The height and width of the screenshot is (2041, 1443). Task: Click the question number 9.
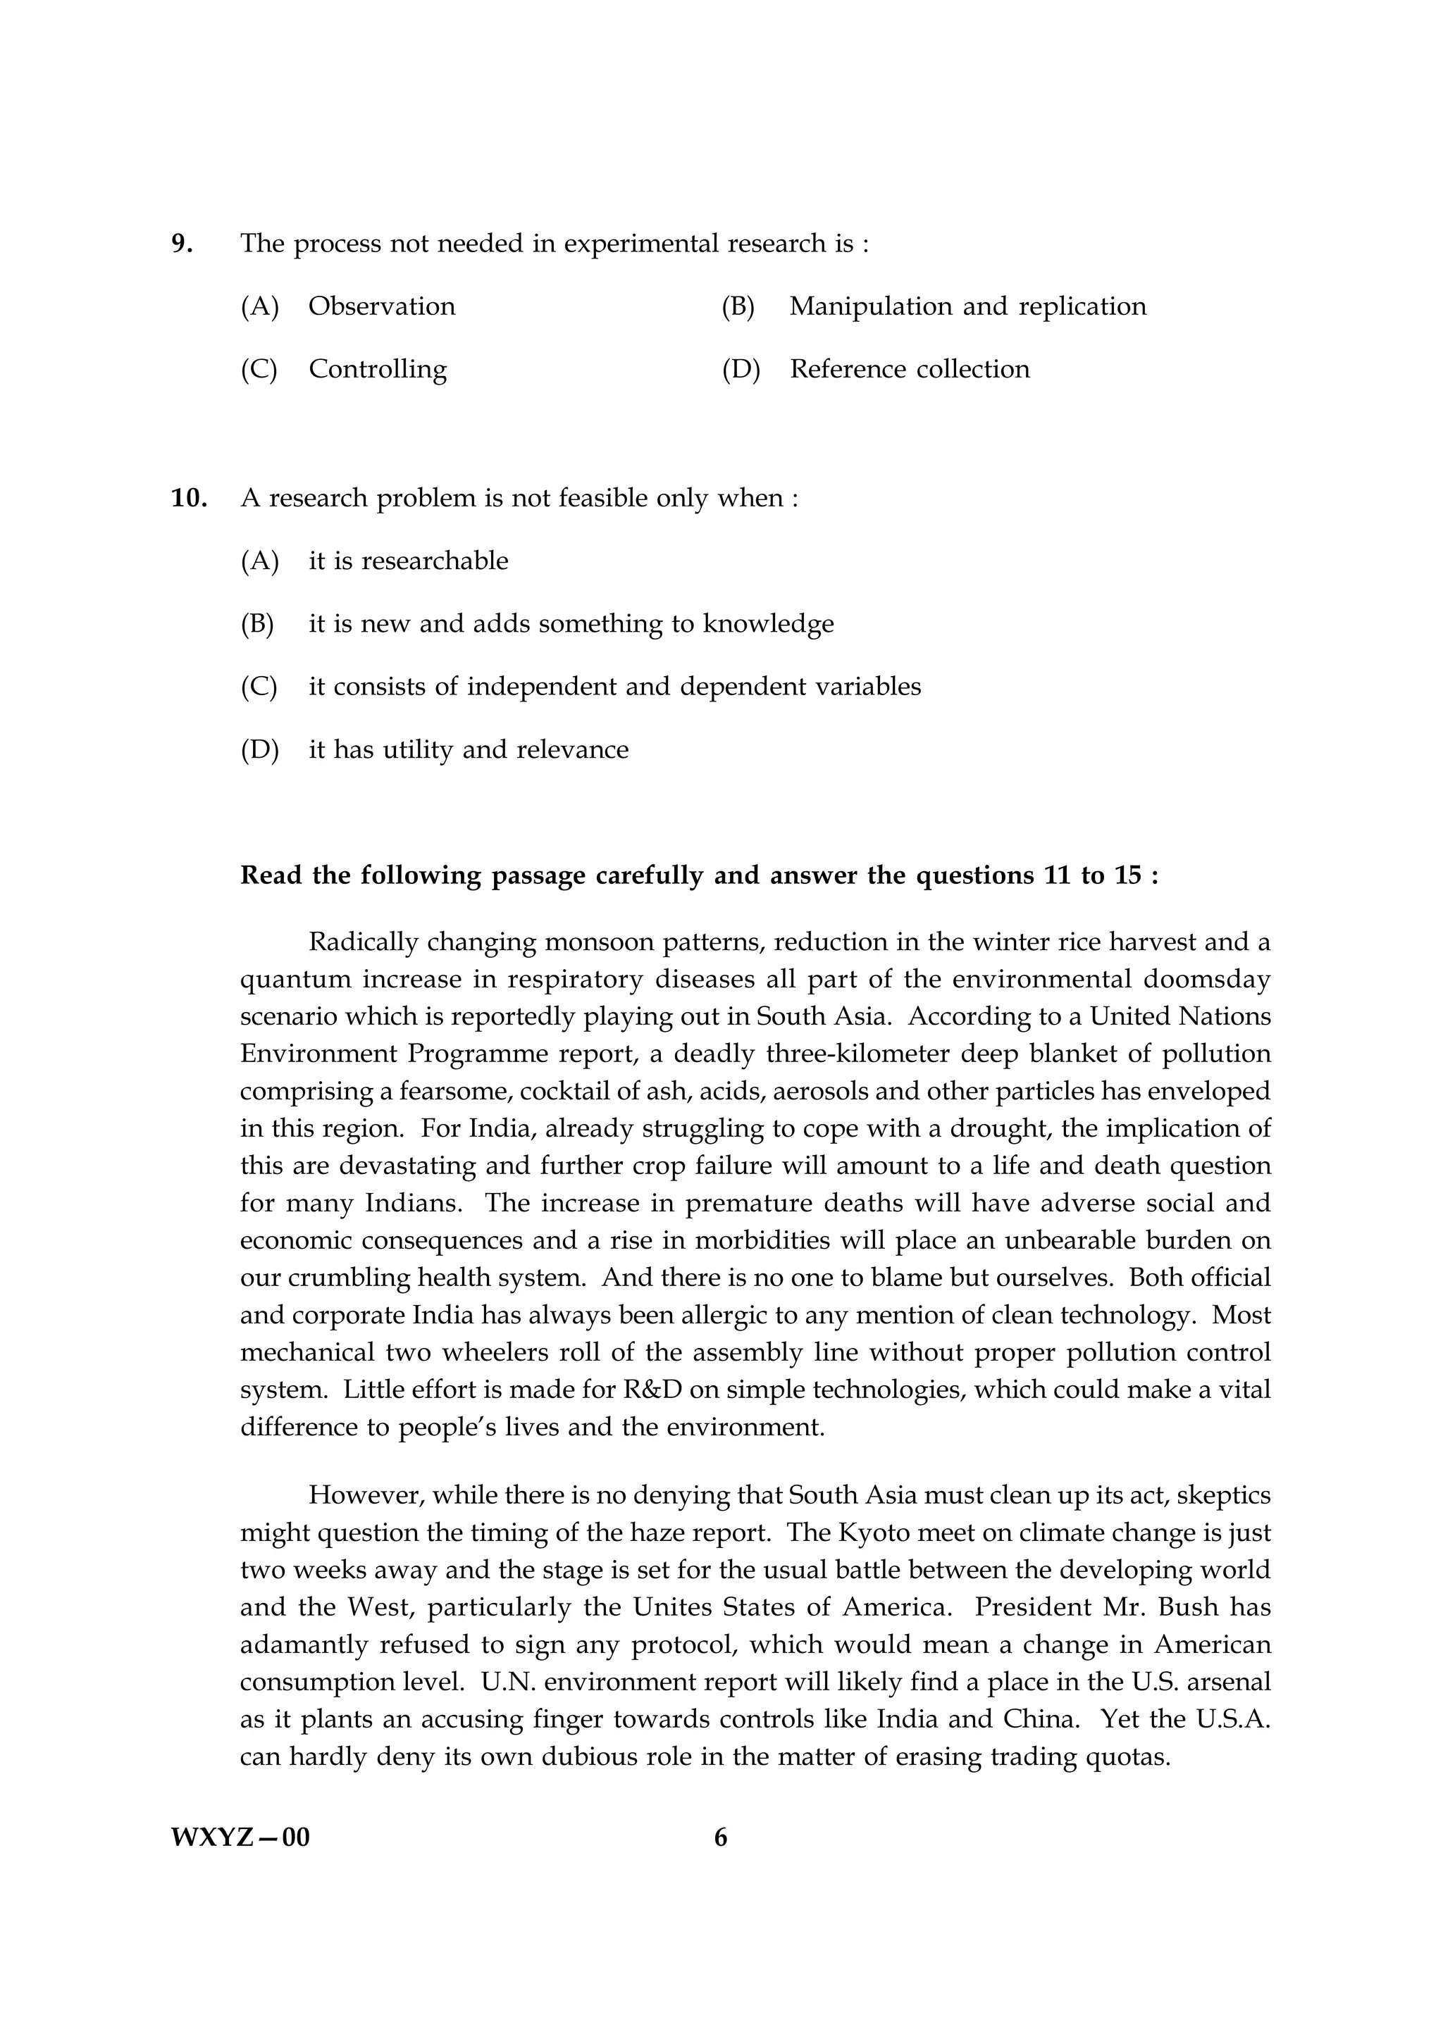tap(181, 244)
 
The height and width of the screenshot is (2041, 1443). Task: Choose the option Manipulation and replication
tap(967, 306)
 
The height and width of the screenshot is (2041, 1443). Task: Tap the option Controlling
tap(377, 370)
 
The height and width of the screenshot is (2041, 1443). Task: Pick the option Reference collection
tap(909, 370)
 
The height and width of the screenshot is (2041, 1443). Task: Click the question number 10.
tap(189, 499)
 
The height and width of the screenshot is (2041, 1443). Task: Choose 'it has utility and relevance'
tap(468, 750)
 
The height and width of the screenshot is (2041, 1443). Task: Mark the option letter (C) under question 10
tap(259, 687)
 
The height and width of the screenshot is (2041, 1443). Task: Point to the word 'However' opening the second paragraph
tap(364, 1496)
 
